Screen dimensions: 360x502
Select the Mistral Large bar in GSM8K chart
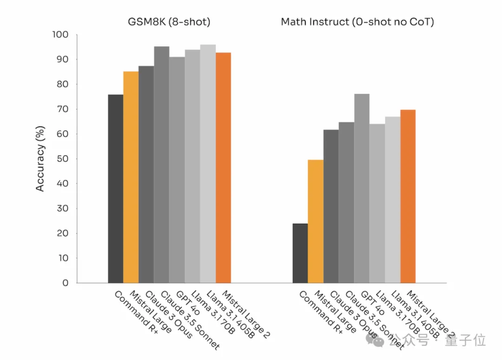tap(131, 177)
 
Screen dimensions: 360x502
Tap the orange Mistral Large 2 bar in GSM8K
tap(223, 168)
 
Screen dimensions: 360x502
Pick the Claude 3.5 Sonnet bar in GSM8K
tap(161, 164)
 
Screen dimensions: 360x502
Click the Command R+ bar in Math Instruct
tap(300, 253)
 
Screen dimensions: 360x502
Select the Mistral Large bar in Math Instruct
tap(315, 221)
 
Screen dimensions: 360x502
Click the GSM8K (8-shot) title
tap(169, 22)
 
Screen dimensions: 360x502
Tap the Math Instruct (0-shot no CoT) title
tap(357, 22)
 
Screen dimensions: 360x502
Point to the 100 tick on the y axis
tap(61, 35)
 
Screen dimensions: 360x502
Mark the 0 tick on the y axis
tap(66, 283)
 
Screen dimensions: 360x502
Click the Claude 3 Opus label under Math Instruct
tap(353, 314)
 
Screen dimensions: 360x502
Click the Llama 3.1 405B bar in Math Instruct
tap(392, 200)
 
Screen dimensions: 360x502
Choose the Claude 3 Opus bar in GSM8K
tap(146, 174)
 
